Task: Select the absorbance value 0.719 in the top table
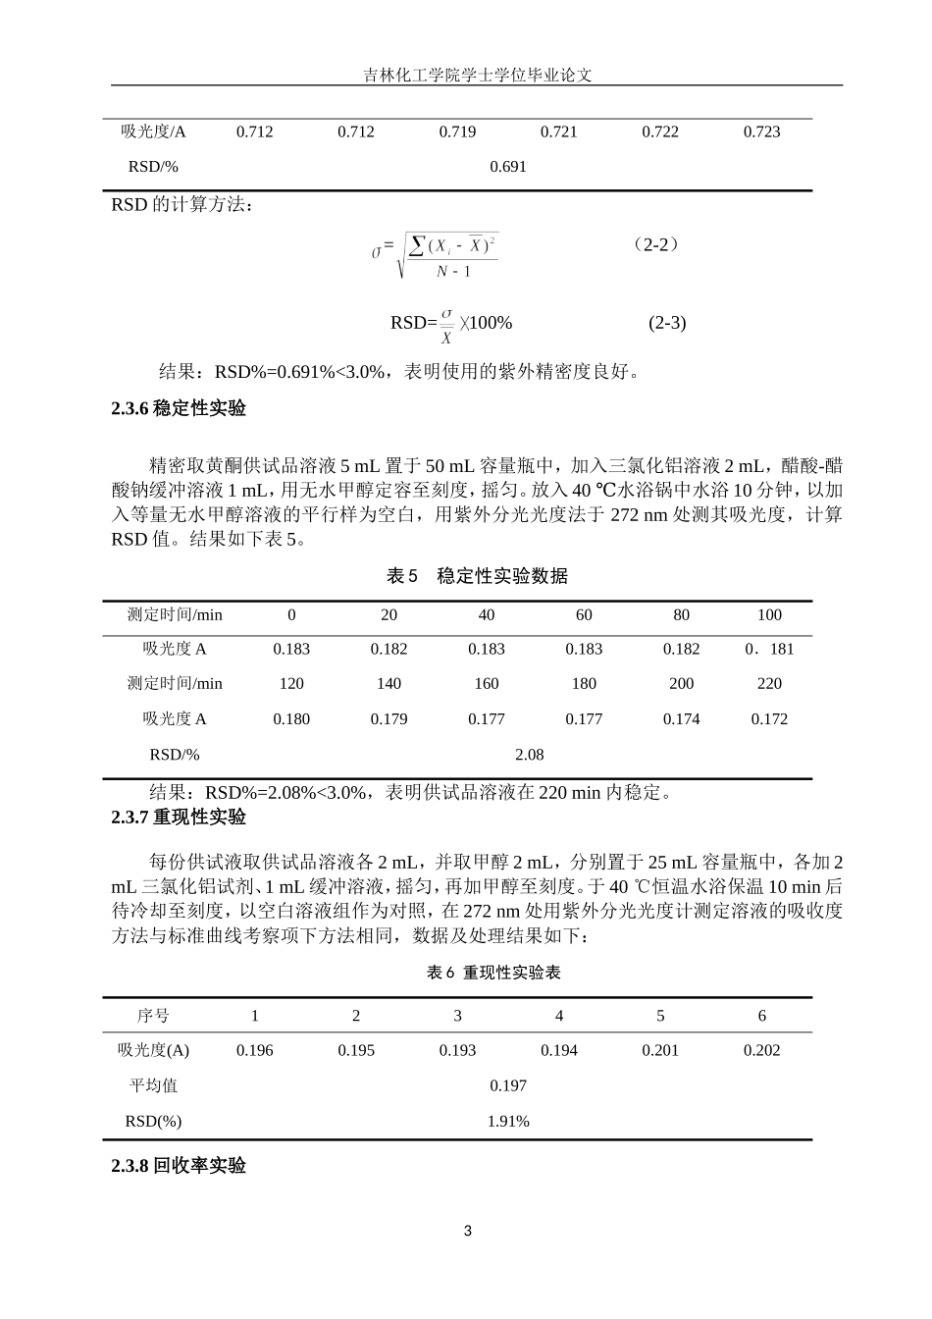pos(457,132)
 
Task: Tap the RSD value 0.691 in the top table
pos(508,166)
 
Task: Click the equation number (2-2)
pos(656,244)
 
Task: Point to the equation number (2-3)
pos(667,323)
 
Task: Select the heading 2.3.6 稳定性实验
pos(179,409)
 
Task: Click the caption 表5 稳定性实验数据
pos(477,576)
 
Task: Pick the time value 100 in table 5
pos(769,614)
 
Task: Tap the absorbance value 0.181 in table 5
pos(769,649)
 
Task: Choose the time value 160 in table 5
pos(487,683)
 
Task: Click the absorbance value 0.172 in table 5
pos(769,718)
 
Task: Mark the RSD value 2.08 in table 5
pos(529,754)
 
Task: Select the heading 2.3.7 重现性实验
pos(179,817)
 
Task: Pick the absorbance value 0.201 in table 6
pos(660,1050)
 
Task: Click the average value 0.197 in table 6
pos(508,1085)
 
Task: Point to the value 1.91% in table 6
pos(508,1121)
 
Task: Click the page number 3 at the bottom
pos(467,1231)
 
